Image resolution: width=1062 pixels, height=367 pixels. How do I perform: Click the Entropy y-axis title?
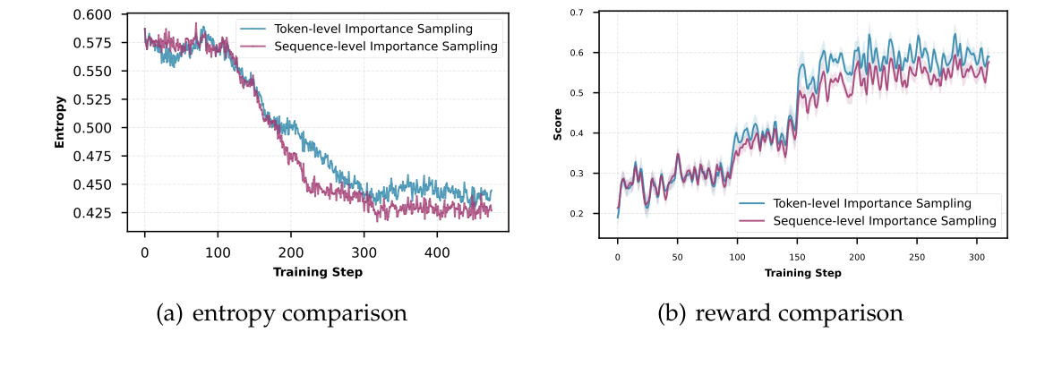pos(59,121)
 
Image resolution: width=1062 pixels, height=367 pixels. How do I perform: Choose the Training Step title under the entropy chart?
pos(318,272)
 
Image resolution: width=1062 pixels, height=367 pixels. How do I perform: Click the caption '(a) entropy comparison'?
pos(281,314)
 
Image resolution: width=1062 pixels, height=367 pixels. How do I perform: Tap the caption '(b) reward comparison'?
pos(781,314)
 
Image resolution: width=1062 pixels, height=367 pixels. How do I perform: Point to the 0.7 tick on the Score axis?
pos(578,13)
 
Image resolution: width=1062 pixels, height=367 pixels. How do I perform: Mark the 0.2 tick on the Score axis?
pos(578,214)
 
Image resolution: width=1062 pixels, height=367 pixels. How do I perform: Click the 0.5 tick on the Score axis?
pos(578,93)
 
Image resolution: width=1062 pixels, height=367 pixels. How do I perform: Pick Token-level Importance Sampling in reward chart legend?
pos(871,202)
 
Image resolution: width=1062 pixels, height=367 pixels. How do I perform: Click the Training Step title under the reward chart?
pos(802,272)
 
